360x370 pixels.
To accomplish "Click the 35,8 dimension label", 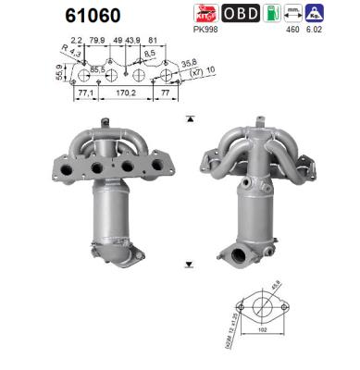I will (189, 63).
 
